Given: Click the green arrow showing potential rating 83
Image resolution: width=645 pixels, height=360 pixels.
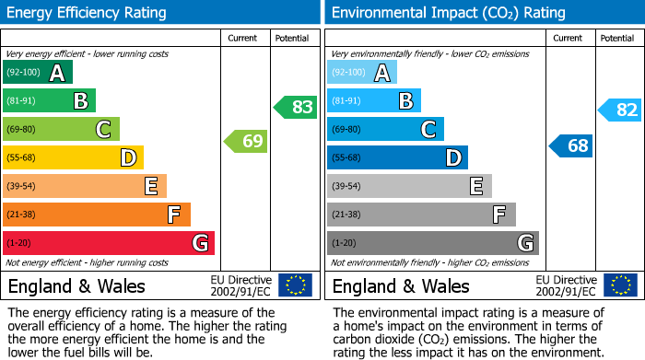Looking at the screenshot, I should click(297, 107).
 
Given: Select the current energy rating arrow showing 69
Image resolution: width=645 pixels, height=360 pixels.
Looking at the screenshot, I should click(247, 141).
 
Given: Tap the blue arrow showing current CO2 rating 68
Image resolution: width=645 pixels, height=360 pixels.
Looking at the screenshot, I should click(571, 145).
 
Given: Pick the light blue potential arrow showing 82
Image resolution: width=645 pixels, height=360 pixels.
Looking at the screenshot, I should click(620, 110).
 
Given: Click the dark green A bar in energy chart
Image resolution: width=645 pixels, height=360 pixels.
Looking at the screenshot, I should click(37, 73).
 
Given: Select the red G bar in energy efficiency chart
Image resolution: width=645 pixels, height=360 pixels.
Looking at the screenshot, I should click(108, 243).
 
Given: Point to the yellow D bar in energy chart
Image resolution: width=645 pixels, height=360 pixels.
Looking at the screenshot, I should click(73, 157).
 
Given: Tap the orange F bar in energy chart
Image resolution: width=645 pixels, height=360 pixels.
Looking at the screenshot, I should click(96, 215).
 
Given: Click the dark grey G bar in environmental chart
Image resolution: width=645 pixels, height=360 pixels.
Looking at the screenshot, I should click(432, 243).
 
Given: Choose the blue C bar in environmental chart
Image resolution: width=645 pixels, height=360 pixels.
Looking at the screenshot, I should click(385, 129).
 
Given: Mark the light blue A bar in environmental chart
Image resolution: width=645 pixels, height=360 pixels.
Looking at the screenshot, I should click(361, 73).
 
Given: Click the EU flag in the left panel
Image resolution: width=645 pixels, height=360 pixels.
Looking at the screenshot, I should click(295, 285).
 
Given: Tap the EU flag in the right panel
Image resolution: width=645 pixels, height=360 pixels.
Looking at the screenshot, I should click(619, 285).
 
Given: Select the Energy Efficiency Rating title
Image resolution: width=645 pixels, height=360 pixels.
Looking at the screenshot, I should click(88, 13).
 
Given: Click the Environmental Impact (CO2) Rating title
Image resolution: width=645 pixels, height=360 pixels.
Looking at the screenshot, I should click(448, 13).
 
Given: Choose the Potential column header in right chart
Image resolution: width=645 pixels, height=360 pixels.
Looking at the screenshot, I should click(616, 38).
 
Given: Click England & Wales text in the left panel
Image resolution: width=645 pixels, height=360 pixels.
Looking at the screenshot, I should click(76, 285).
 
